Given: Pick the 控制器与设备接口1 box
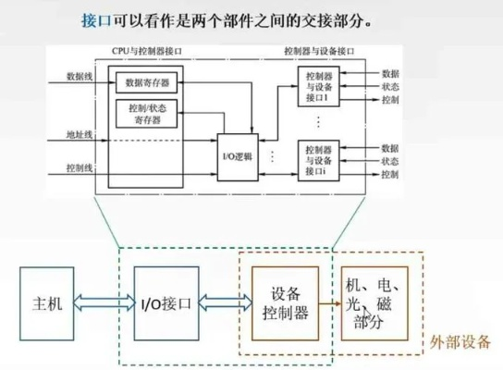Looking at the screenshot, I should click(317, 84).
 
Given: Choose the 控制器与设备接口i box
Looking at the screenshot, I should click(317, 159).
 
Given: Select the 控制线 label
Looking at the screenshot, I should click(79, 167).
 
